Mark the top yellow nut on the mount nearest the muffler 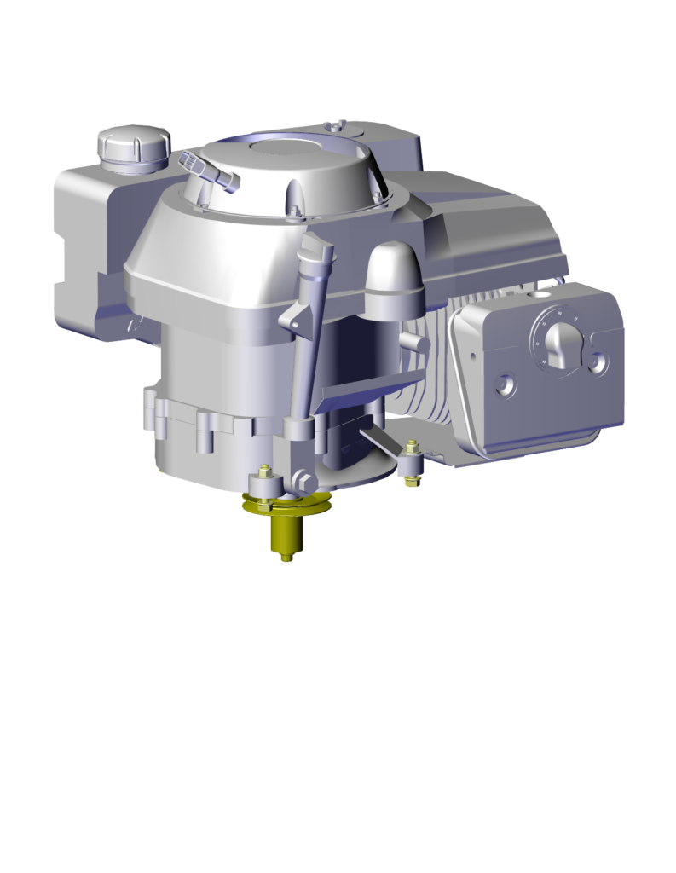point(413,445)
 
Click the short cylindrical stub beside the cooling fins point(413,341)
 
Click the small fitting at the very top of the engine point(339,127)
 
